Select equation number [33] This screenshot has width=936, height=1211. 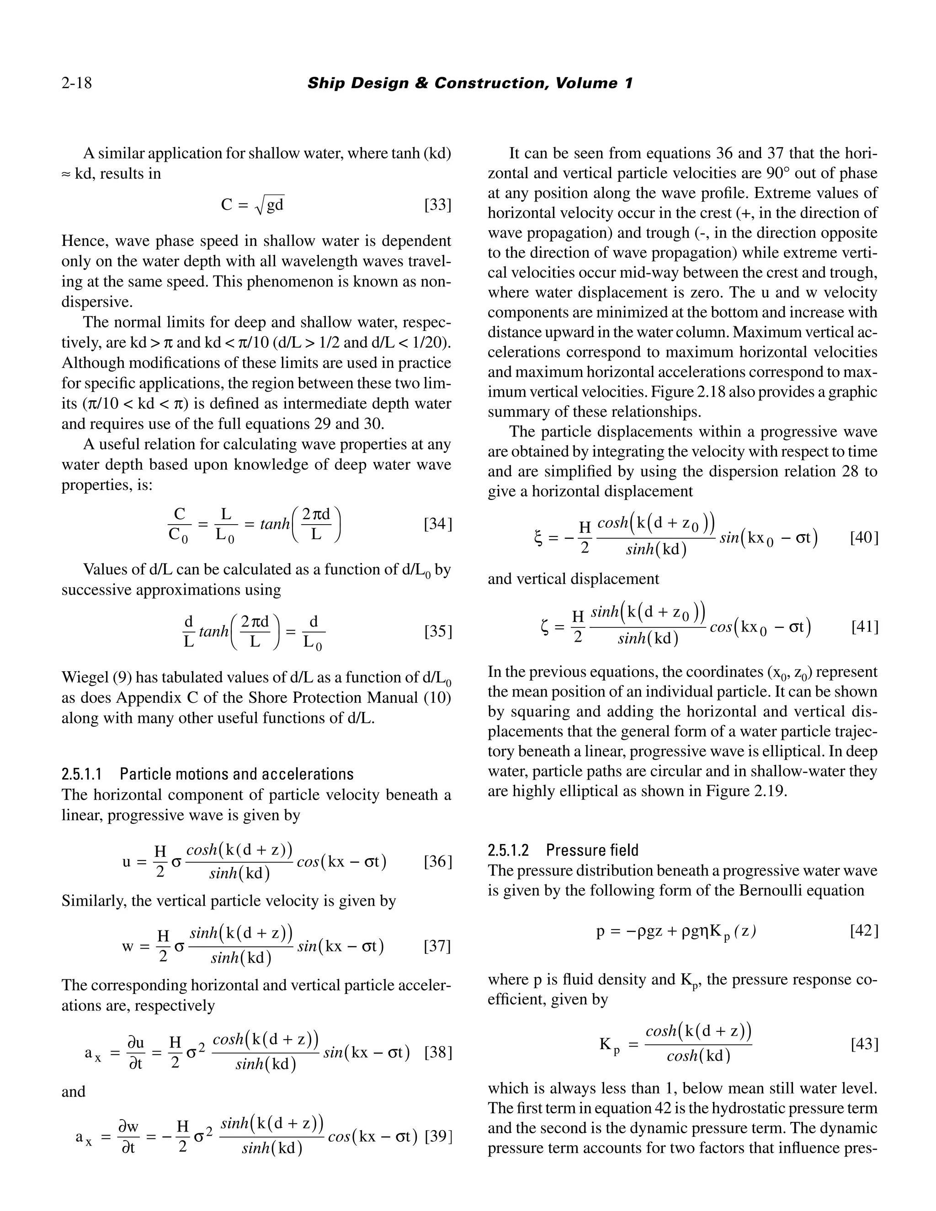437,205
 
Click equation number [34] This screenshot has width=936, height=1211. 437,523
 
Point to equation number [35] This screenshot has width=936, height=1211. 437,631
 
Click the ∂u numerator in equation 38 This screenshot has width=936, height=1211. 136,1042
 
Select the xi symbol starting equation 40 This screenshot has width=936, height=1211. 537,538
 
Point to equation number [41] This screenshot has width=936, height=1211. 864,627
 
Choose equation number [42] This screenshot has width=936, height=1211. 864,931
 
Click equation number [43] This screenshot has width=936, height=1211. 864,1044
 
